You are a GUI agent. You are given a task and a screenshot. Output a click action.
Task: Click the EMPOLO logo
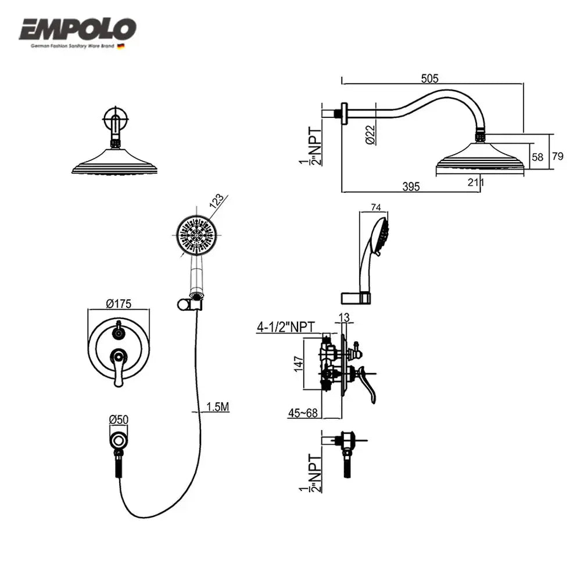coord(78,29)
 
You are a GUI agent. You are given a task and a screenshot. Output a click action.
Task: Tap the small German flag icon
coord(120,46)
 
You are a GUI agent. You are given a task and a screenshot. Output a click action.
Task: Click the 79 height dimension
coord(557,156)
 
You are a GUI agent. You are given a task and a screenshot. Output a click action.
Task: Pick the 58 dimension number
coord(537,157)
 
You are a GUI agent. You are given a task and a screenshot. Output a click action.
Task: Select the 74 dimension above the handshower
coord(375,207)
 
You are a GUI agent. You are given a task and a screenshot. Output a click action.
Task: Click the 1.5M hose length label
coord(218,407)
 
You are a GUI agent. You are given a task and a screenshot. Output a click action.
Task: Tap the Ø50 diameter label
coord(118,419)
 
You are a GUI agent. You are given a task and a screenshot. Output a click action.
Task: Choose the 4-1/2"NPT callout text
coord(286,328)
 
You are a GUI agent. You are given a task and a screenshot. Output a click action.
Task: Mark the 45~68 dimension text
coord(302,413)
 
